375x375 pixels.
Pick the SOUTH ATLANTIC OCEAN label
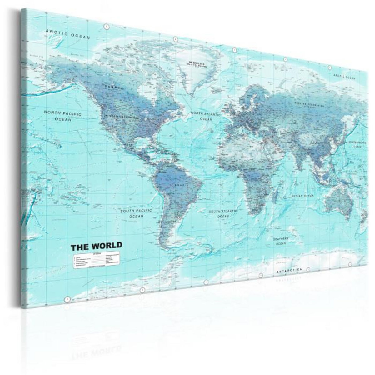point(223,213)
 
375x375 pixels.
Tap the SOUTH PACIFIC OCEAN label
point(136,213)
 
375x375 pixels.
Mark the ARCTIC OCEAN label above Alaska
point(67,34)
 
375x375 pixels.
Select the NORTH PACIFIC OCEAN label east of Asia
point(357,143)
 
